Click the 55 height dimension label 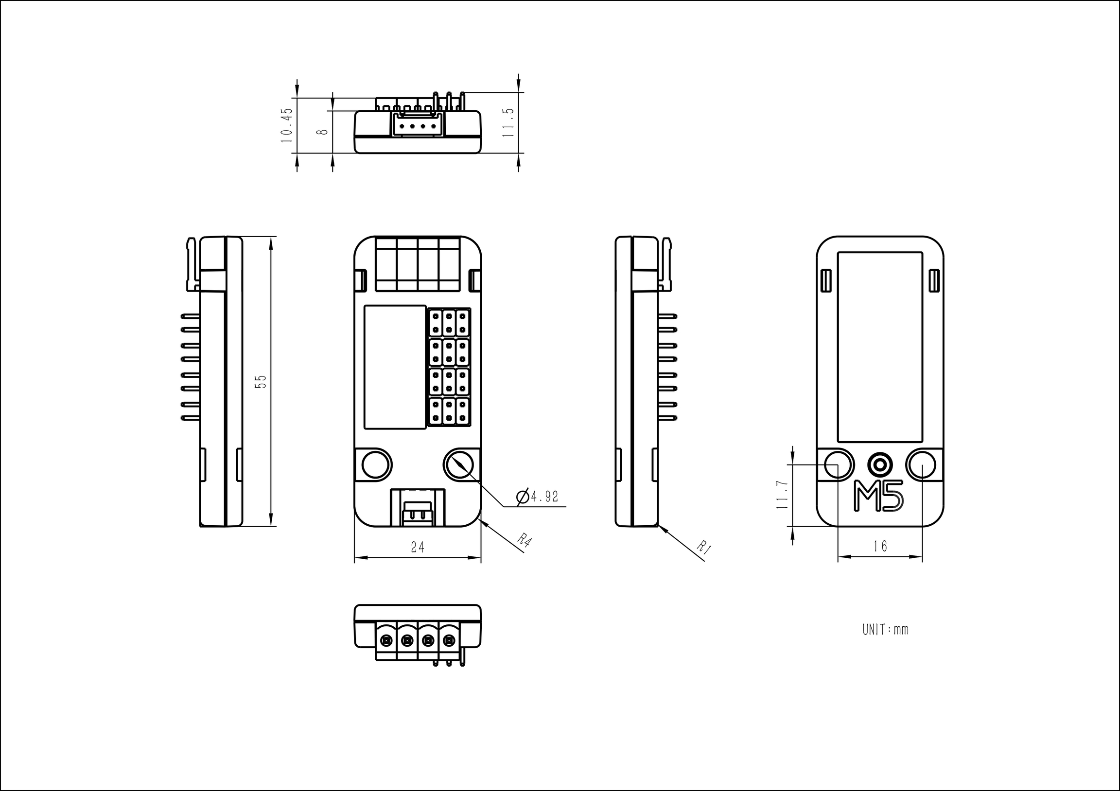click(x=262, y=381)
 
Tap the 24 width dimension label click(x=418, y=547)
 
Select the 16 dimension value click(x=880, y=546)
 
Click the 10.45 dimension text click(x=286, y=125)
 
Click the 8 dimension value click(x=321, y=132)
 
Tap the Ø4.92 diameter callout click(x=537, y=497)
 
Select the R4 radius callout click(x=524, y=540)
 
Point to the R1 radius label click(x=704, y=547)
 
